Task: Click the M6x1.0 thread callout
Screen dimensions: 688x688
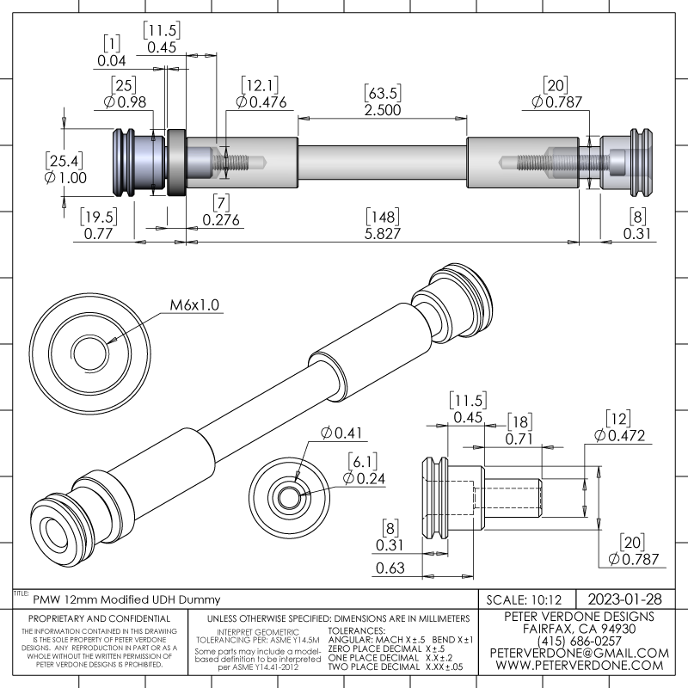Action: [194, 304]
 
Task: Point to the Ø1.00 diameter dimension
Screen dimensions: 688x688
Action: [66, 178]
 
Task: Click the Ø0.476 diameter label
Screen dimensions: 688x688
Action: [261, 103]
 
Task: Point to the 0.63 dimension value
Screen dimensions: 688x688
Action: [391, 568]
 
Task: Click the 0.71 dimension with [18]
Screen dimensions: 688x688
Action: [519, 440]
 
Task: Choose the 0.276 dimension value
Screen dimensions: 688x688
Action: [222, 220]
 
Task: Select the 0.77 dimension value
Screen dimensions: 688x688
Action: [99, 233]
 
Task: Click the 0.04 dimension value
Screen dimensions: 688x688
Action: [112, 61]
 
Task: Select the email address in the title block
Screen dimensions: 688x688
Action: [578, 654]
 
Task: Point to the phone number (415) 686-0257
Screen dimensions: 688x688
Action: [578, 641]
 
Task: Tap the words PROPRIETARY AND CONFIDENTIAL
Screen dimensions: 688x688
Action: [100, 618]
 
